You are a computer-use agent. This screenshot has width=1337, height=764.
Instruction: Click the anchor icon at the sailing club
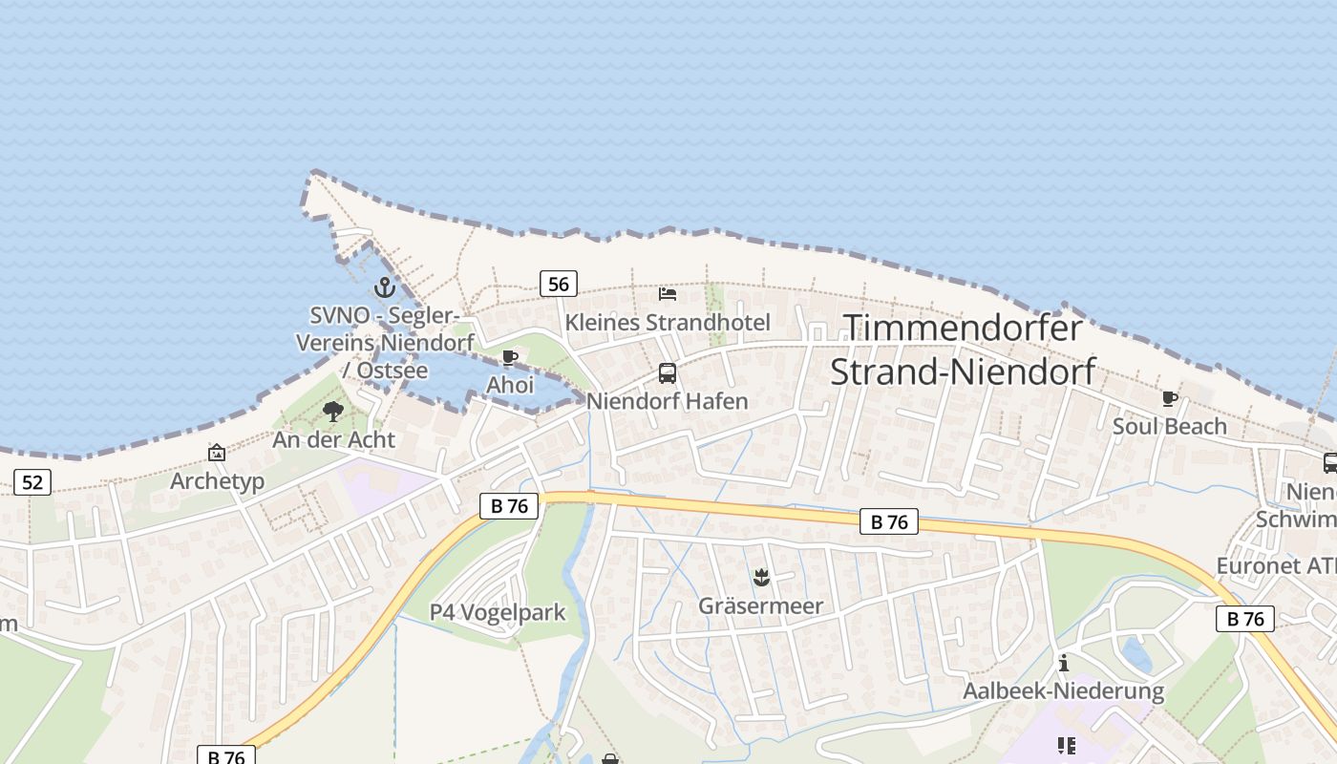point(384,286)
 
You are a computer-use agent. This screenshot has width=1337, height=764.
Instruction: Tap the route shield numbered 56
point(559,284)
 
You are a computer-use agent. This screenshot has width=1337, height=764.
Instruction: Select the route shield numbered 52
point(32,482)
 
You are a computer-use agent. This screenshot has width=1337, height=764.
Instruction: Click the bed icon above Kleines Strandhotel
point(668,294)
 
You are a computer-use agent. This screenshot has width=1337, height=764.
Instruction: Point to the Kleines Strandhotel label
point(668,322)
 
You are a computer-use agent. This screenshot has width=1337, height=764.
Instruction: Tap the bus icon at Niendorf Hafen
point(668,373)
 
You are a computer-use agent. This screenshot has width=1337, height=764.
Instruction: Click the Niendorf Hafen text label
point(668,401)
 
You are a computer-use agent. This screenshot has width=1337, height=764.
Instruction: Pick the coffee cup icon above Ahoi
point(510,358)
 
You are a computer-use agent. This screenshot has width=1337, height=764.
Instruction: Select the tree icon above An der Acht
point(333,412)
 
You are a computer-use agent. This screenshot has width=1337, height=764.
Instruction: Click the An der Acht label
point(333,440)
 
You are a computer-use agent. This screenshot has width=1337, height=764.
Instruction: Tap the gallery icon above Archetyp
point(217,453)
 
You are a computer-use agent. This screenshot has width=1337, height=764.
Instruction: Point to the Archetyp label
point(217,481)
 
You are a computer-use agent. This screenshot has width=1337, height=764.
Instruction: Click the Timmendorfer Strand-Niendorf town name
point(963,350)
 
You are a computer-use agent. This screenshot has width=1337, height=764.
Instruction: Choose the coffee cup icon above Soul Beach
point(1170,398)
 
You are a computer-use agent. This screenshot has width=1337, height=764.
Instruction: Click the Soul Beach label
point(1170,426)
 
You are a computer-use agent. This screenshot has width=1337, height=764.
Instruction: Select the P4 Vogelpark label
point(498,612)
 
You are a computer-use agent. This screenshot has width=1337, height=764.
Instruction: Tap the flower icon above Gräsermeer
point(761,577)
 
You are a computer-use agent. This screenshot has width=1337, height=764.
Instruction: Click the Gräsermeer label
point(761,605)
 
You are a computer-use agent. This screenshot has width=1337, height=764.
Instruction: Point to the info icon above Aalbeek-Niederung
point(1064,663)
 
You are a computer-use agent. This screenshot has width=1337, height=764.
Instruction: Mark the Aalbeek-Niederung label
point(1064,690)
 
